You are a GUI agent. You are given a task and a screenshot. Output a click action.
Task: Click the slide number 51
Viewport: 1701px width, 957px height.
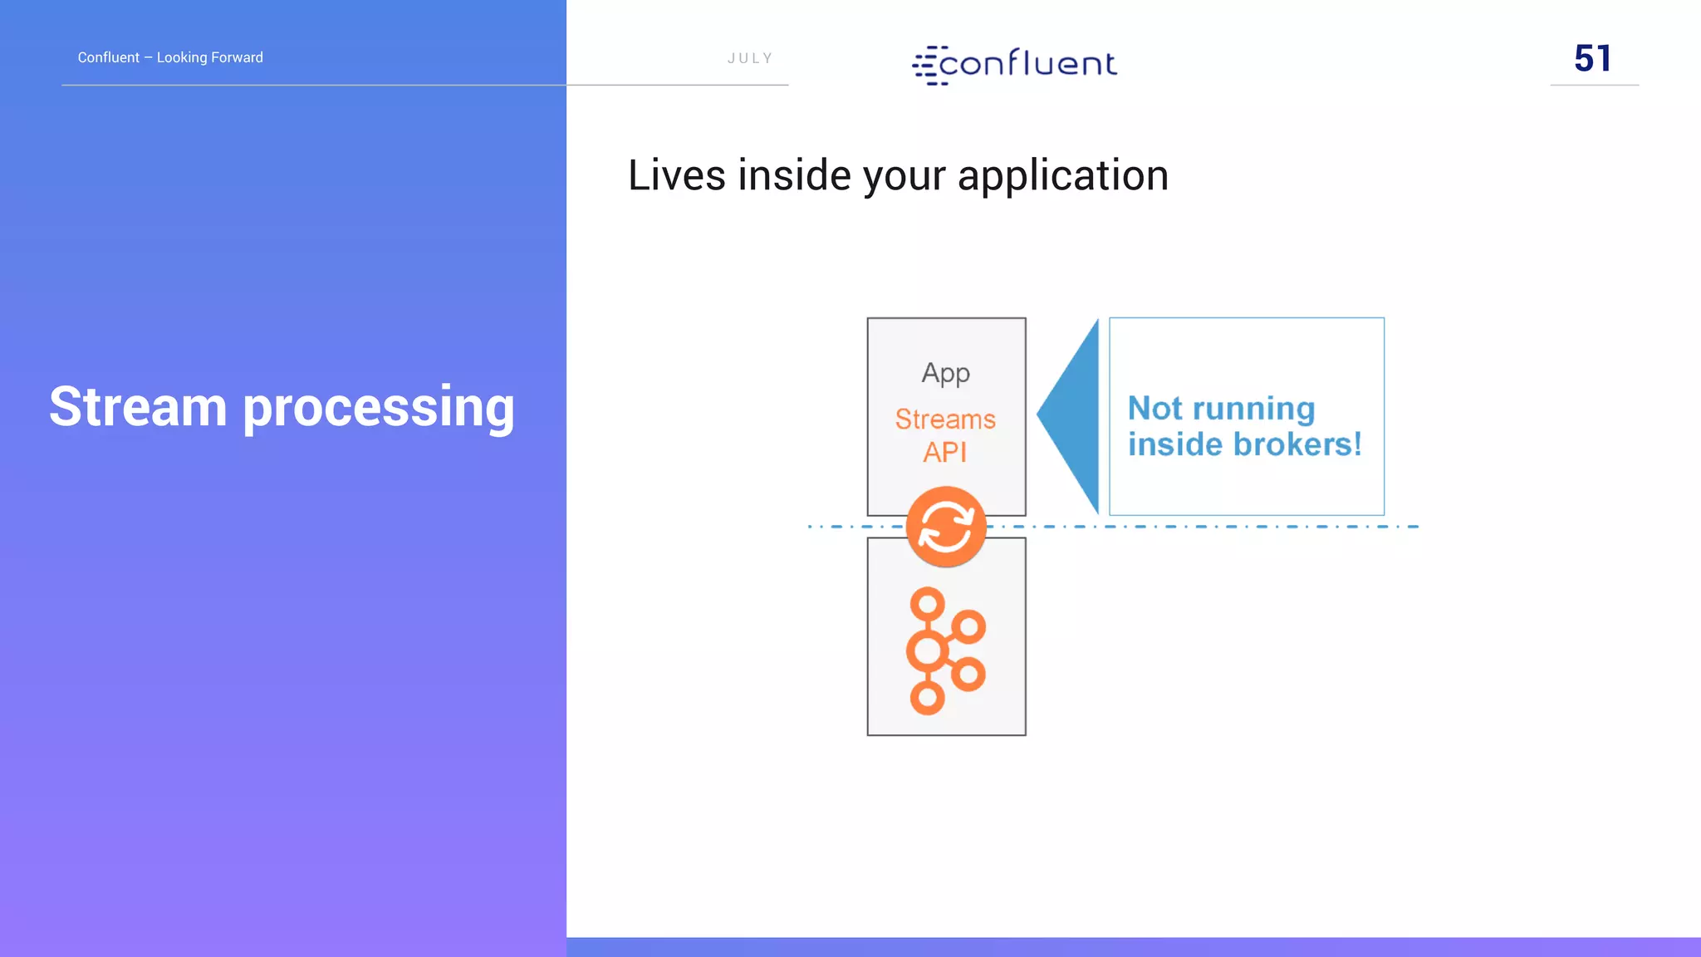click(x=1592, y=59)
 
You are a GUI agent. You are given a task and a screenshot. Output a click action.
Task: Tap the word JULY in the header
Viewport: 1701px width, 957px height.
click(x=750, y=58)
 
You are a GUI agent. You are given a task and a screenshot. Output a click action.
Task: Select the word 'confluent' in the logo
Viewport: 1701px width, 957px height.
click(x=1028, y=64)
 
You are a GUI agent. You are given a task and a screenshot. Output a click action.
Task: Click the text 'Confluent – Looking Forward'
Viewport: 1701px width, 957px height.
click(x=170, y=57)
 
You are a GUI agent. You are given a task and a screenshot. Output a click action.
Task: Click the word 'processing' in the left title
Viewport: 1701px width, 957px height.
click(x=379, y=408)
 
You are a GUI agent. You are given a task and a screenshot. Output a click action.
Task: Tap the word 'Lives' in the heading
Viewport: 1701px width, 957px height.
click(x=676, y=175)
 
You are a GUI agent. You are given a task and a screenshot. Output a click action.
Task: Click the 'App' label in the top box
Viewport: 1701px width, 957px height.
click(x=945, y=373)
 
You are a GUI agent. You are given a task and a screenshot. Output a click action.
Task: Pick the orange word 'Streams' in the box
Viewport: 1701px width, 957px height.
click(x=945, y=419)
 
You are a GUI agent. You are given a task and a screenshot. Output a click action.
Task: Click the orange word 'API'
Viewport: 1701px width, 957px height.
click(x=945, y=452)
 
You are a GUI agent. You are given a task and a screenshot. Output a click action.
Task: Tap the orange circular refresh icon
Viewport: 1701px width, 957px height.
click(x=946, y=527)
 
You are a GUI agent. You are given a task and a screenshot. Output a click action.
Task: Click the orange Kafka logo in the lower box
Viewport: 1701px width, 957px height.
click(x=946, y=650)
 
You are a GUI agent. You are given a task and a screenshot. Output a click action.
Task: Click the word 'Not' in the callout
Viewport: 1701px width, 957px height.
click(x=1154, y=408)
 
